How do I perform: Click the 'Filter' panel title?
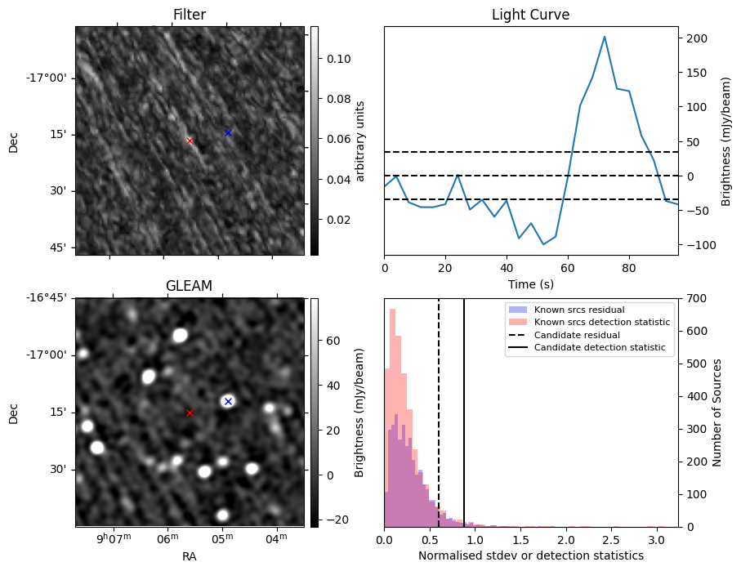pyautogui.click(x=189, y=15)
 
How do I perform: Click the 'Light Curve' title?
pyautogui.click(x=530, y=15)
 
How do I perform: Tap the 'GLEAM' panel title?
pyautogui.click(x=189, y=286)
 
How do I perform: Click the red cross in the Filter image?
pyautogui.click(x=190, y=141)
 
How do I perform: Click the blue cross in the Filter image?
pyautogui.click(x=228, y=132)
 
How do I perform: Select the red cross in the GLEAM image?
pyautogui.click(x=190, y=413)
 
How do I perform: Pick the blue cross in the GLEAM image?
pyautogui.click(x=228, y=401)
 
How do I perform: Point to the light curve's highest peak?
pyautogui.click(x=605, y=37)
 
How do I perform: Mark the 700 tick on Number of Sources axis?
pyautogui.click(x=695, y=298)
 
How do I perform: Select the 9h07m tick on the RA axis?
pyautogui.click(x=114, y=539)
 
